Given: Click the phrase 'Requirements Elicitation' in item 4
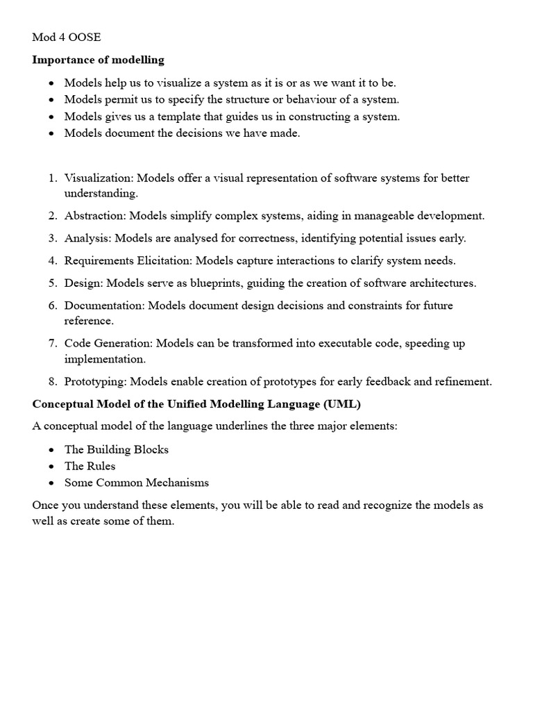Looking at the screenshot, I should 127,260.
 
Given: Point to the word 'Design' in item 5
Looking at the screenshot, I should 81,283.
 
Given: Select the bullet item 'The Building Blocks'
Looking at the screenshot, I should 116,449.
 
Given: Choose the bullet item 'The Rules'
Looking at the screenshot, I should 90,466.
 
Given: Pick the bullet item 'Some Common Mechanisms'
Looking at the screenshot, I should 136,483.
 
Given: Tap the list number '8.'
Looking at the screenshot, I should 53,381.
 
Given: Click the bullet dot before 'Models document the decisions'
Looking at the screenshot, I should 52,133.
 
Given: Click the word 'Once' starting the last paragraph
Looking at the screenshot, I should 45,505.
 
